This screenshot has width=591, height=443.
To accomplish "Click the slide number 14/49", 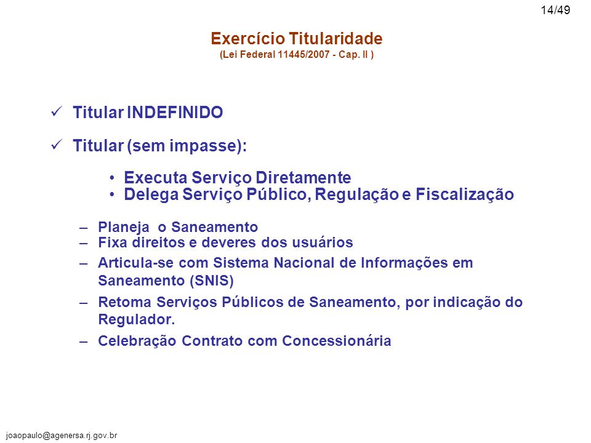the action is (x=555, y=10).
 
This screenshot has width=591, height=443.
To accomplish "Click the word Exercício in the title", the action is (x=247, y=38).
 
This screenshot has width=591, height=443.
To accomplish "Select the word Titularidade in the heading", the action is (x=336, y=38).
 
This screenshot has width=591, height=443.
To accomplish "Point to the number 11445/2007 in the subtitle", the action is (x=304, y=55).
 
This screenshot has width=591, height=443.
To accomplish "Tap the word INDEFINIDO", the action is (x=175, y=112).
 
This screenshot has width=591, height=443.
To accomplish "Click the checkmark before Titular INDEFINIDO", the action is (x=57, y=111).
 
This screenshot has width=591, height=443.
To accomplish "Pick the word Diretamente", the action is (x=304, y=177).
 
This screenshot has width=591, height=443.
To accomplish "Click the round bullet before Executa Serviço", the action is (x=112, y=178).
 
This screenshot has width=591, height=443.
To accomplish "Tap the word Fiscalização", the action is (x=465, y=195).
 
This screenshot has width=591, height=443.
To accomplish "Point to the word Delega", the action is (x=151, y=195).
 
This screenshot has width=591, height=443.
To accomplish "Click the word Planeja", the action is (x=124, y=228).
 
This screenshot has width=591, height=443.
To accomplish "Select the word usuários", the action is (x=323, y=242).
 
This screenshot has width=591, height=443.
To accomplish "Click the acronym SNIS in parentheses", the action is (x=211, y=281).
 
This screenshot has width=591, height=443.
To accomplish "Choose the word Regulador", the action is (x=137, y=319).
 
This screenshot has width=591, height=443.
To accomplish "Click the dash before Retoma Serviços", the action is (x=83, y=303).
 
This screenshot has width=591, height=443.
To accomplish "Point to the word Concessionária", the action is (x=337, y=340).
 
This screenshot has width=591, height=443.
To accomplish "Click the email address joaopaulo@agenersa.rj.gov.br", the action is (x=62, y=436).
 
